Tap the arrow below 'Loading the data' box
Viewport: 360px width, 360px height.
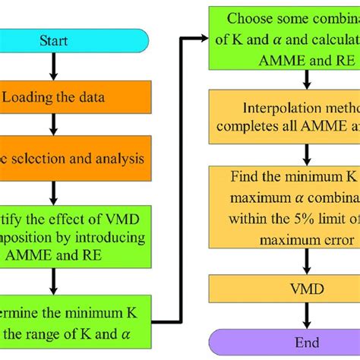pos(52,125)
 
